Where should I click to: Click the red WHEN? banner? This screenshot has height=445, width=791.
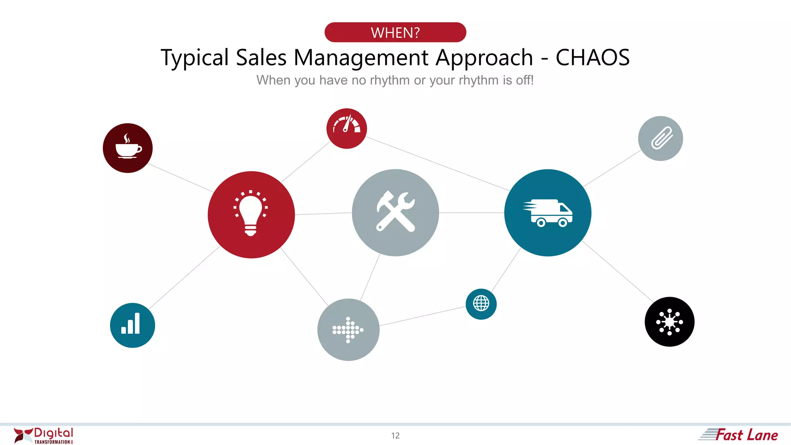[395, 32]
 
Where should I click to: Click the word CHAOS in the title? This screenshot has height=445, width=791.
[592, 58]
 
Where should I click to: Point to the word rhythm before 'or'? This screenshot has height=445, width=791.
[390, 80]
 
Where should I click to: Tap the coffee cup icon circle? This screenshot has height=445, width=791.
[128, 148]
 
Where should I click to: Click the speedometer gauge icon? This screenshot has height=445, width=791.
[346, 128]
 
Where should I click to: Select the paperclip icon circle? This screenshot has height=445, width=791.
[660, 138]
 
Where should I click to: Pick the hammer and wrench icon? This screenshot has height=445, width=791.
[395, 212]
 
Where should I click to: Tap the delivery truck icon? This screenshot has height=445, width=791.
[548, 212]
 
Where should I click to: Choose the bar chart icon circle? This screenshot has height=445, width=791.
[132, 325]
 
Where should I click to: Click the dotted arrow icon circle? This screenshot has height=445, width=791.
[348, 330]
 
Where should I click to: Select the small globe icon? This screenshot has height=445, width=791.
[481, 304]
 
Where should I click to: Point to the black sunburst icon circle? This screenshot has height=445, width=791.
[669, 322]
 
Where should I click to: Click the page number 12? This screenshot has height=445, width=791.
[395, 436]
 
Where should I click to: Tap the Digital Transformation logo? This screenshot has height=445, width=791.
[43, 435]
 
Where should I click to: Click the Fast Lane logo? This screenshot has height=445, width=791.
[738, 435]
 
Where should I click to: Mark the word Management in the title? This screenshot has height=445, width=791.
[361, 58]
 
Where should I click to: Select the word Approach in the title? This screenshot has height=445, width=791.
[484, 58]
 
